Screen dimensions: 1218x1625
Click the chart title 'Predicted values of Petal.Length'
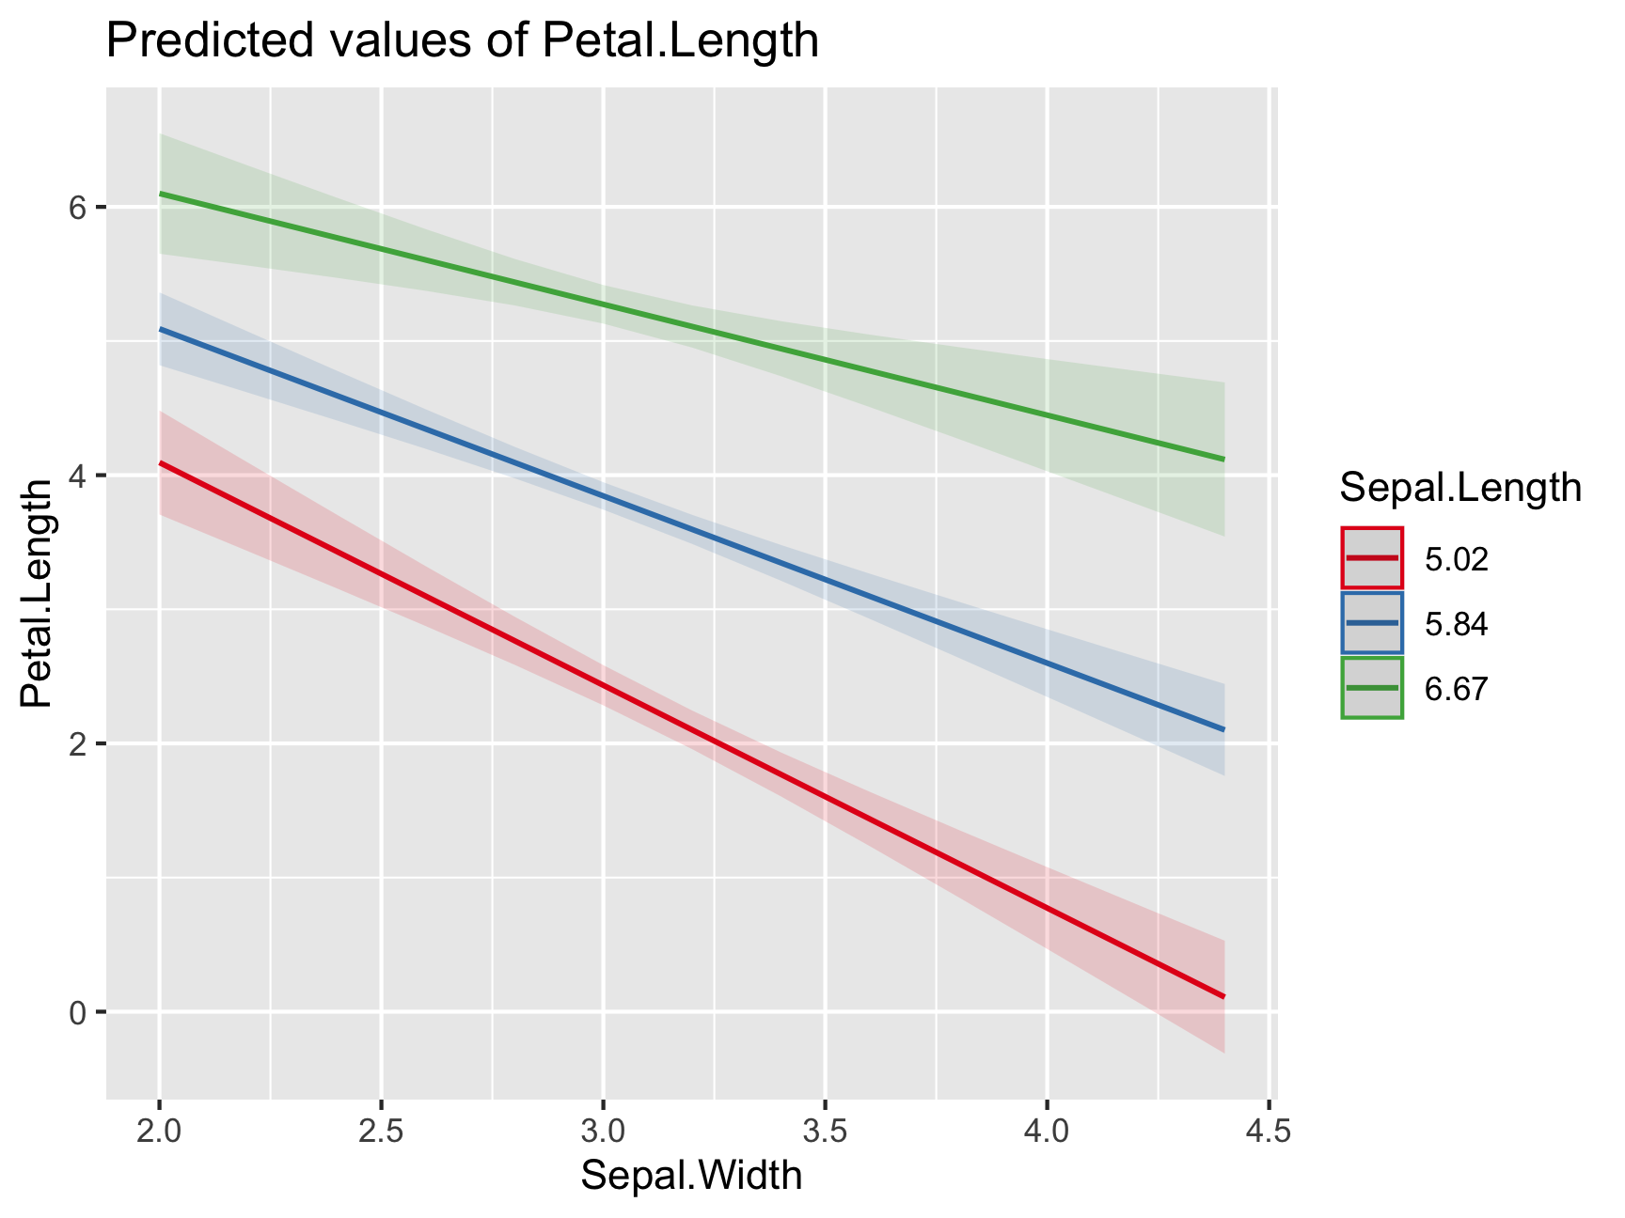coord(463,41)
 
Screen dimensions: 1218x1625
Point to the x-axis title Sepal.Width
coord(691,1176)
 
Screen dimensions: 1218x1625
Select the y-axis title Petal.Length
coord(38,593)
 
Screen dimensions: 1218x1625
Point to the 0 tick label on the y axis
coord(78,1012)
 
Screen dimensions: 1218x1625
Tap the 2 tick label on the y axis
coord(78,743)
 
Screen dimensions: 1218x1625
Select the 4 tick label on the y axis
coord(78,476)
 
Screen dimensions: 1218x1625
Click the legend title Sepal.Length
coord(1459,488)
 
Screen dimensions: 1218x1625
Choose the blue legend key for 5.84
coord(1372,622)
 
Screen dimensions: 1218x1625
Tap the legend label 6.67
coord(1456,689)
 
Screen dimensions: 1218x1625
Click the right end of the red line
coord(1223,996)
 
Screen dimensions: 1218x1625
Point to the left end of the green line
coord(161,194)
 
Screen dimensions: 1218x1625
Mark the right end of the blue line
coord(1223,729)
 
